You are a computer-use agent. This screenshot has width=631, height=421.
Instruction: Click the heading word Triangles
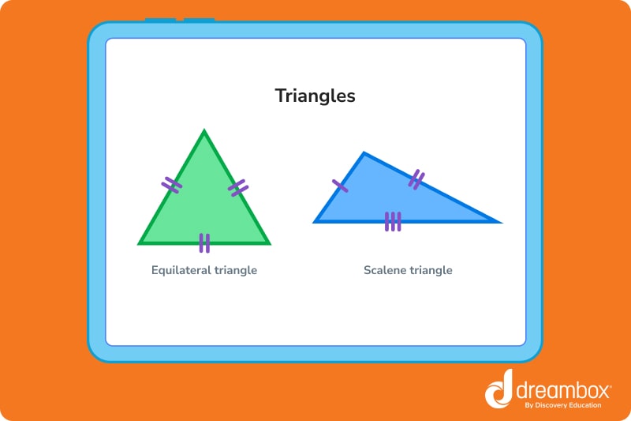pyautogui.click(x=315, y=96)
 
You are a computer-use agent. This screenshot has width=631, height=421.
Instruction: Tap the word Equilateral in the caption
pyautogui.click(x=182, y=270)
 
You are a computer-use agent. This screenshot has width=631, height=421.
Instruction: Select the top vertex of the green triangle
pyautogui.click(x=204, y=132)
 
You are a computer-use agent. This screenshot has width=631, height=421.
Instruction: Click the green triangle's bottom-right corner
pyautogui.click(x=267, y=242)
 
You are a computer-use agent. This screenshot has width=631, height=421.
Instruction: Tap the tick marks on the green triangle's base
pyautogui.click(x=204, y=242)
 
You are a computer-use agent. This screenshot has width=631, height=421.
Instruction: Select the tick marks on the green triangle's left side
pyautogui.click(x=172, y=185)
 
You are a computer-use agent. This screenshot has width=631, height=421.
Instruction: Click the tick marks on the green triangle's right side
pyautogui.click(x=238, y=187)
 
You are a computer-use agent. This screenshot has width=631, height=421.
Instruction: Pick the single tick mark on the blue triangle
pyautogui.click(x=340, y=186)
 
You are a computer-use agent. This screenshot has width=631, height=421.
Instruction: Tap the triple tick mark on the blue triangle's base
pyautogui.click(x=393, y=222)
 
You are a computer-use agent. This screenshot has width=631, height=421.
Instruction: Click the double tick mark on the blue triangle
pyautogui.click(x=416, y=180)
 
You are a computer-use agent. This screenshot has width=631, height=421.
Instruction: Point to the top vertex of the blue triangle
pyautogui.click(x=364, y=153)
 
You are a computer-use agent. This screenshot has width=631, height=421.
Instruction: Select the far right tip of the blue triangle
pyautogui.click(x=498, y=222)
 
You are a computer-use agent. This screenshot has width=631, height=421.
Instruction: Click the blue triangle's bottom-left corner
pyautogui.click(x=315, y=221)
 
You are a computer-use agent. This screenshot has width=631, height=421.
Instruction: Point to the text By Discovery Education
pyautogui.click(x=562, y=405)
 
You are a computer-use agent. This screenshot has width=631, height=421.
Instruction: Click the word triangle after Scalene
pyautogui.click(x=431, y=270)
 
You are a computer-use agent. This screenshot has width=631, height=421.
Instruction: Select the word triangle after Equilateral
pyautogui.click(x=236, y=270)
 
